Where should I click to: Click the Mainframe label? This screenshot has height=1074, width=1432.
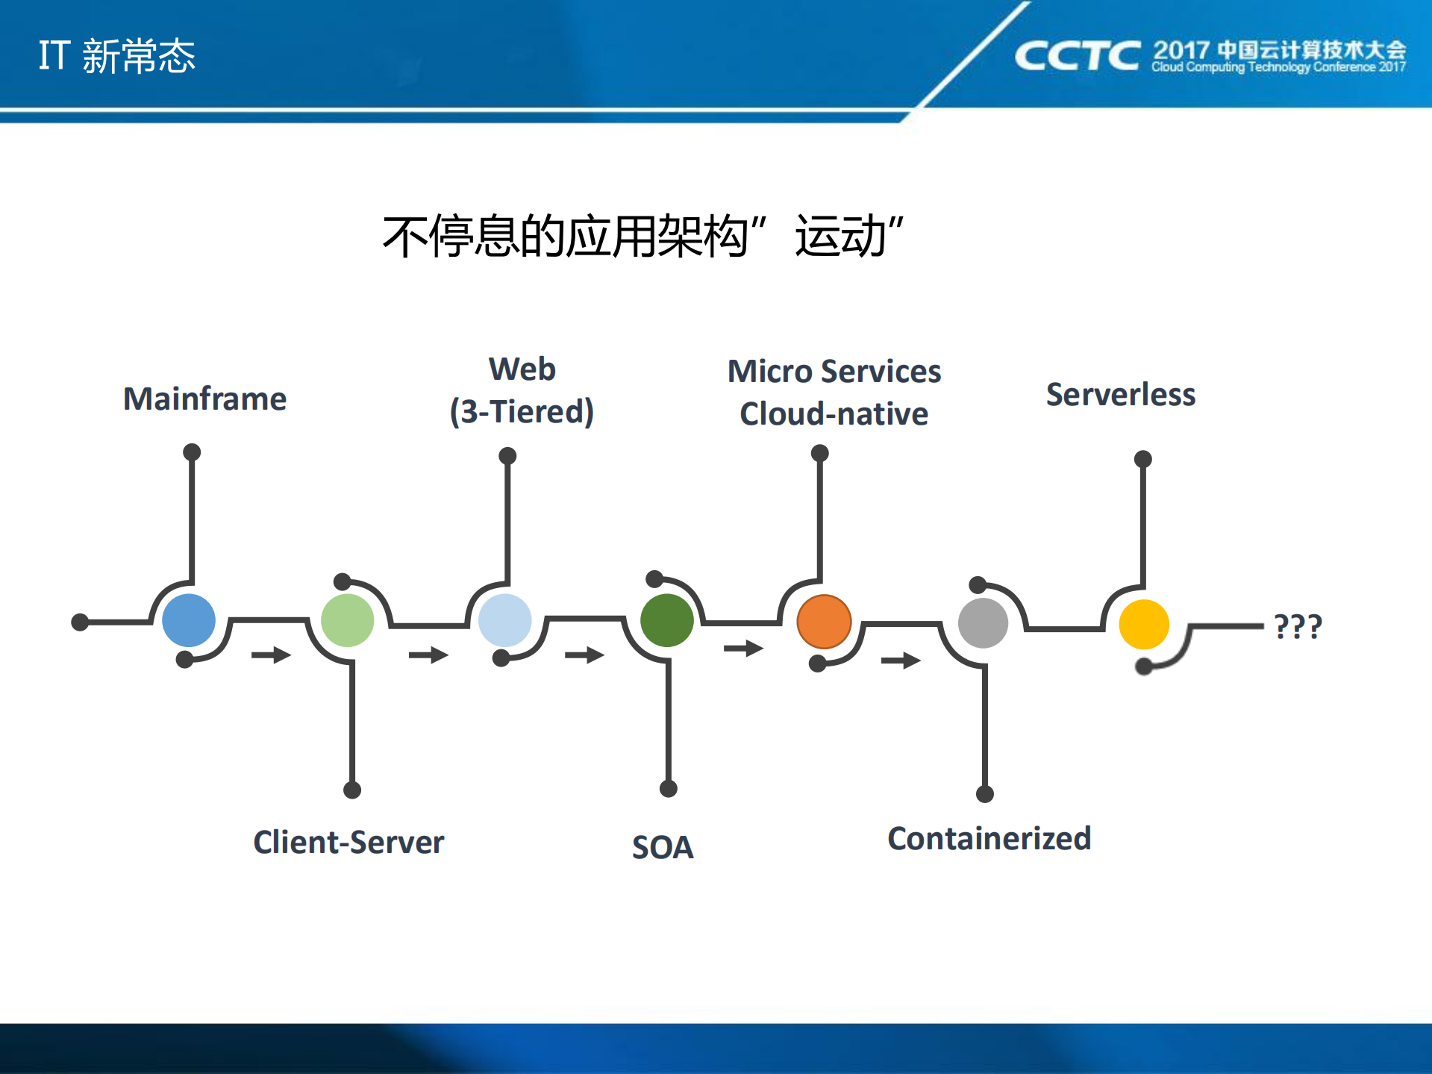point(204,399)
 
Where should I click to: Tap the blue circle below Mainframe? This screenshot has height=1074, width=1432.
point(189,620)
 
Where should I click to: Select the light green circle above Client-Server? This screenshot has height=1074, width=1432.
point(347,620)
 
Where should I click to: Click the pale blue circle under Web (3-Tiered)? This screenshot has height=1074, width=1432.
point(505,620)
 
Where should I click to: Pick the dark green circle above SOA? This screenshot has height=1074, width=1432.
point(666,620)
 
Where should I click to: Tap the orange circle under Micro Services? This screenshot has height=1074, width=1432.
point(824,622)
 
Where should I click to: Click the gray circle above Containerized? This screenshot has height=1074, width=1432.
point(983,623)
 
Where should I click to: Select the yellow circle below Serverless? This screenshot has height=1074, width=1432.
point(1144,625)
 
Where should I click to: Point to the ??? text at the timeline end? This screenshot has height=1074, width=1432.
point(1298,626)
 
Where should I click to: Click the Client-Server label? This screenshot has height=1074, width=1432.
point(348,842)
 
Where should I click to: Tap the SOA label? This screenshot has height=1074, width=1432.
point(663,847)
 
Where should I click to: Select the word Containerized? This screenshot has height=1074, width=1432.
point(989,838)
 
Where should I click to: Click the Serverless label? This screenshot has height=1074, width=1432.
point(1120,394)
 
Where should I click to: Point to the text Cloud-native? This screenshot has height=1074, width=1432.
point(834,413)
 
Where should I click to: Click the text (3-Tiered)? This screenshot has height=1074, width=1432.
point(522,411)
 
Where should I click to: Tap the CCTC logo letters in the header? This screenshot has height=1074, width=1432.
point(1077,56)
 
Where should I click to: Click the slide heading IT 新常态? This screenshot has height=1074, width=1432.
point(117,56)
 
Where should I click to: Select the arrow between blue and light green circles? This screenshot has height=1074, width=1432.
point(271,655)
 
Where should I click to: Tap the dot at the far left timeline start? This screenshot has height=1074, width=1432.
point(80,622)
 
